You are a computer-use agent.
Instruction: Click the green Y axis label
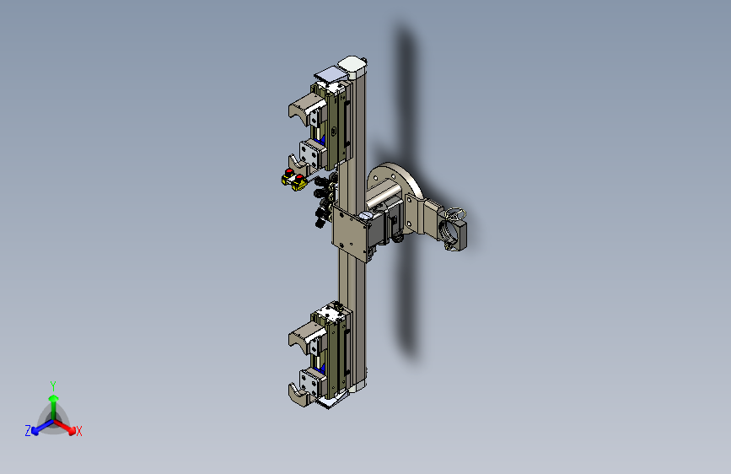pyautogui.click(x=53, y=385)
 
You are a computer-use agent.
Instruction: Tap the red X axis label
pyautogui.click(x=79, y=431)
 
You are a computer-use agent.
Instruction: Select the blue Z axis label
pyautogui.click(x=28, y=430)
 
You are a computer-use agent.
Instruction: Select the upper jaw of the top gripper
pyautogui.click(x=303, y=110)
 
